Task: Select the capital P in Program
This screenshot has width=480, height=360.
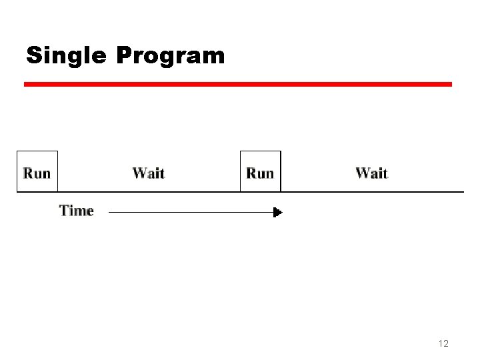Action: coord(124,55)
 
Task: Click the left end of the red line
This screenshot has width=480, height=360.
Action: coord(25,85)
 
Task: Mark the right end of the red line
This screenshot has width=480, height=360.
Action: coord(451,85)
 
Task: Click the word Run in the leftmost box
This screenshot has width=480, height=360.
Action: coord(37,173)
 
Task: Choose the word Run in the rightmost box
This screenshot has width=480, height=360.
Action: coord(260,173)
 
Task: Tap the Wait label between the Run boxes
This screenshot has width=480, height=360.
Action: coord(148,173)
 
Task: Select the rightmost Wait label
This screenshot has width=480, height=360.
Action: coord(371,173)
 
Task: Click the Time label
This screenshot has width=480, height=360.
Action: coord(77,211)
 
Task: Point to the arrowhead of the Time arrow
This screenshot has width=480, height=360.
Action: coord(279,213)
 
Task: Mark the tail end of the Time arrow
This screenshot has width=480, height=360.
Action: coord(109,213)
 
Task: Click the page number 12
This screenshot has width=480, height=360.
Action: coord(443,343)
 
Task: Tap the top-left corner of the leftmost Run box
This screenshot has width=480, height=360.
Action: coord(17,151)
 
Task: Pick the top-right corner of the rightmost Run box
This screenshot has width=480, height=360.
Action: coord(281,151)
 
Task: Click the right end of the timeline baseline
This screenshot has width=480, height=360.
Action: coord(463,192)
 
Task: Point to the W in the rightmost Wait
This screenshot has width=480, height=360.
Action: coord(362,173)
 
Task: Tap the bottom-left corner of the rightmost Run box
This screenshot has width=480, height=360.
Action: coord(241,192)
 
